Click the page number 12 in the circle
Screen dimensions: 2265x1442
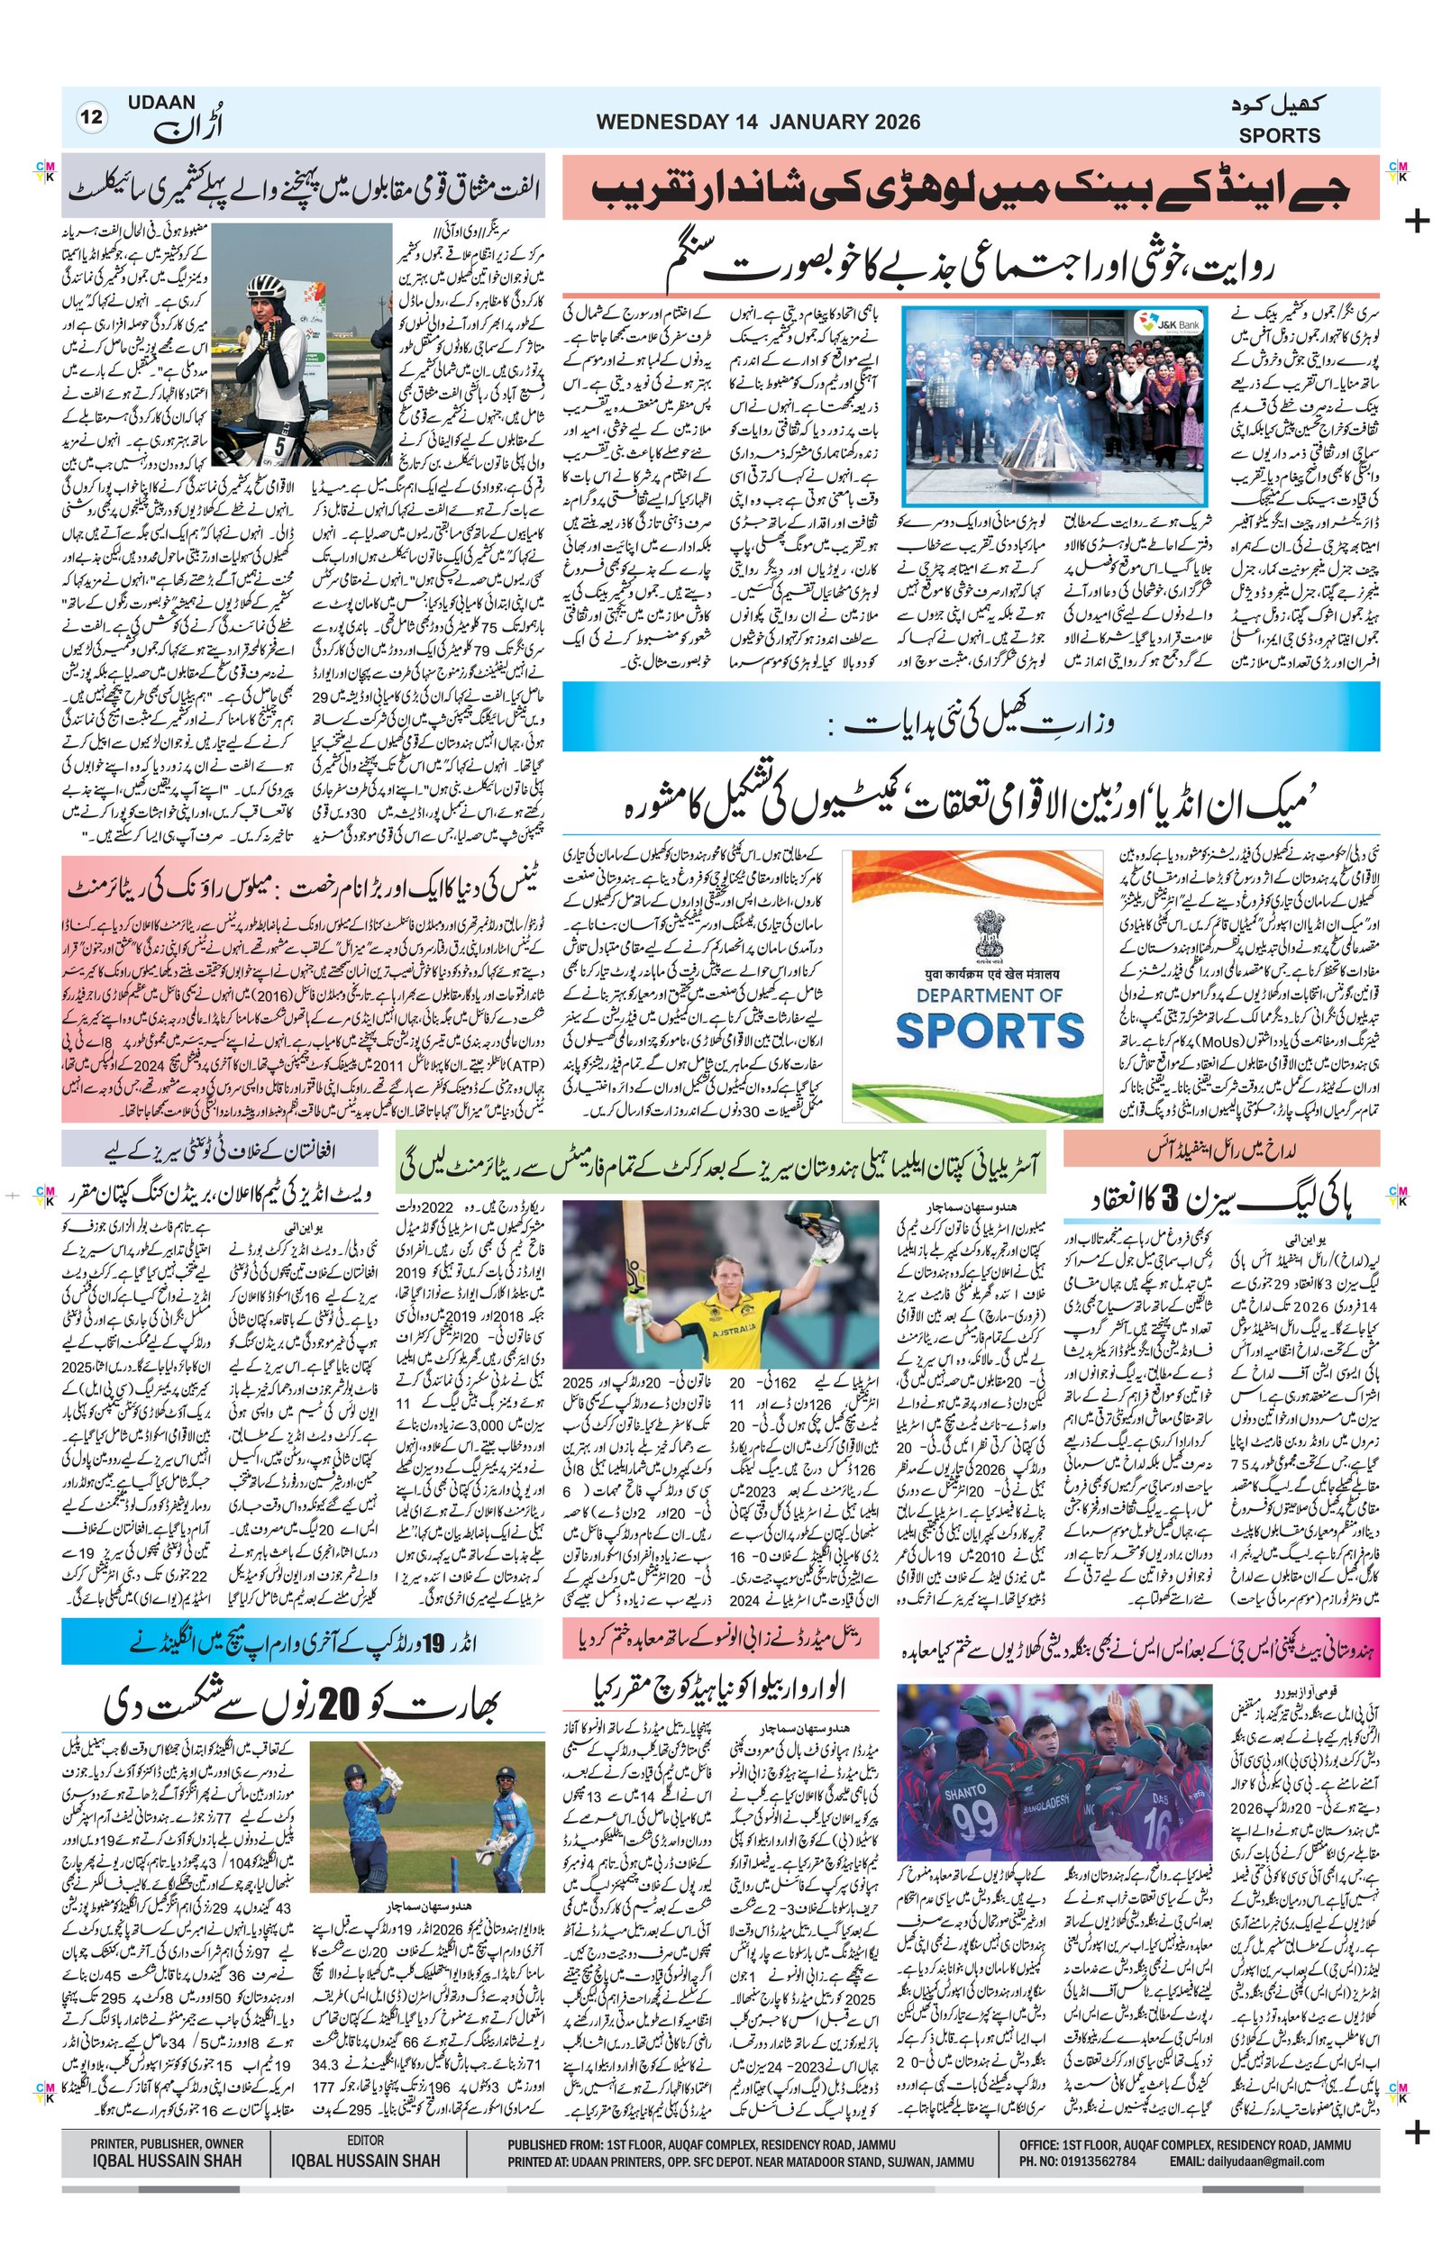[x=93, y=119]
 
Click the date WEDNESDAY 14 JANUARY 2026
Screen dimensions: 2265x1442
[x=758, y=122]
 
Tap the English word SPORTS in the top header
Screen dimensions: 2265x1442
[x=1279, y=135]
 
